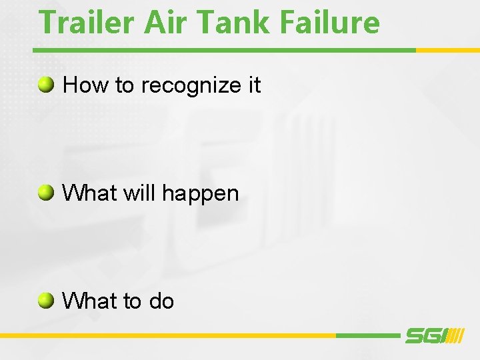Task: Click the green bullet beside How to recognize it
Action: tap(46, 85)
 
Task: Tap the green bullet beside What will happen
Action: tap(46, 193)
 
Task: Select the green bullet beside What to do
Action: tap(46, 301)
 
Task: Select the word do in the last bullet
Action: tap(161, 301)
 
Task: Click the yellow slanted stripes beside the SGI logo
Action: tap(455, 336)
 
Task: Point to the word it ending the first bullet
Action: tap(254, 85)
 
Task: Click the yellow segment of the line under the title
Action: tap(447, 50)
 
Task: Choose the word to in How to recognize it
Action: tap(122, 85)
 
